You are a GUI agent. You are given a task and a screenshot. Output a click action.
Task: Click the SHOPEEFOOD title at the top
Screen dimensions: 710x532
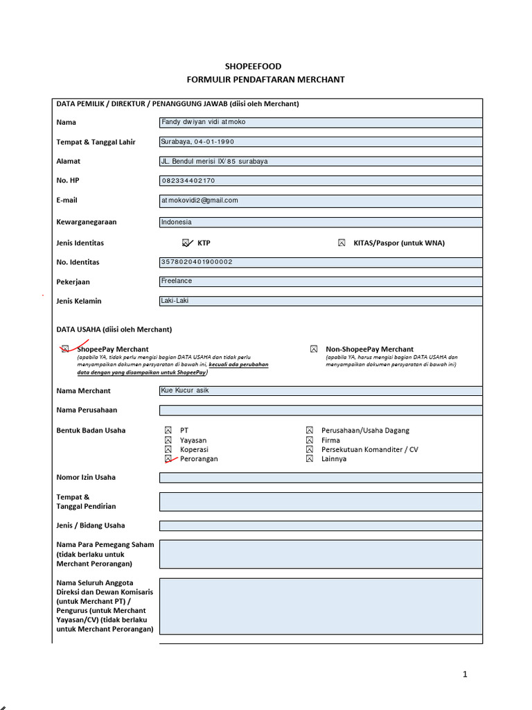tap(267, 67)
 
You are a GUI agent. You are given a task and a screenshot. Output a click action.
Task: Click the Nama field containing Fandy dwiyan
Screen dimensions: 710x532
tap(321, 123)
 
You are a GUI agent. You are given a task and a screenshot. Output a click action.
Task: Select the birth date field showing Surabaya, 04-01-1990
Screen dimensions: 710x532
tap(321, 142)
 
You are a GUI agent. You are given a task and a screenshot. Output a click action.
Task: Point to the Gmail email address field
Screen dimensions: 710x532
tap(321, 200)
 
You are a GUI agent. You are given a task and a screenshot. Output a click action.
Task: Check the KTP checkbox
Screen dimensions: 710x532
tap(186, 243)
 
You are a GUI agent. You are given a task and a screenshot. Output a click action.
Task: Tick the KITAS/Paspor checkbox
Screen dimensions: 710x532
tap(341, 243)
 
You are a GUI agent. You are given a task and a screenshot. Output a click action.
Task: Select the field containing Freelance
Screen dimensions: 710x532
tap(321, 282)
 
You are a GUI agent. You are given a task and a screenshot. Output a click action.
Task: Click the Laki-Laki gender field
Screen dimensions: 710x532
tap(321, 301)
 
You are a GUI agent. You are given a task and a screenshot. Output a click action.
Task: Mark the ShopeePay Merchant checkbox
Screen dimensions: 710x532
tap(64, 349)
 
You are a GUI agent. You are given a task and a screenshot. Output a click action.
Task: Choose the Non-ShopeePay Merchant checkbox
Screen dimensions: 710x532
tap(314, 349)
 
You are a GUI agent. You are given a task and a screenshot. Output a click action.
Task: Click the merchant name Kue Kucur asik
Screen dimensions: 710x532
tap(321, 390)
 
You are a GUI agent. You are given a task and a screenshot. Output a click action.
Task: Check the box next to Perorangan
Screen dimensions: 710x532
tap(168, 459)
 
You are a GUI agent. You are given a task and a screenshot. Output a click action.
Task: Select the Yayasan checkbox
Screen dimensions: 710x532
tap(168, 440)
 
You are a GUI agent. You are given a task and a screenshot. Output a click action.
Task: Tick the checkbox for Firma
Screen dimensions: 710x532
tap(310, 440)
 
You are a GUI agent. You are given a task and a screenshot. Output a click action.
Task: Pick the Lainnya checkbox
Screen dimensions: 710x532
tap(310, 459)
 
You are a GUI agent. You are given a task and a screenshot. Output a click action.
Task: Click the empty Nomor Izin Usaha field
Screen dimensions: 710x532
tap(321, 477)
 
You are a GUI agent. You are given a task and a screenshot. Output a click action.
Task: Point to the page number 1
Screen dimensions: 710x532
tap(465, 674)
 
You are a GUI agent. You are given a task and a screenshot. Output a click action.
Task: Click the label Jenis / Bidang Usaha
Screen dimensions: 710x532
tap(91, 526)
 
